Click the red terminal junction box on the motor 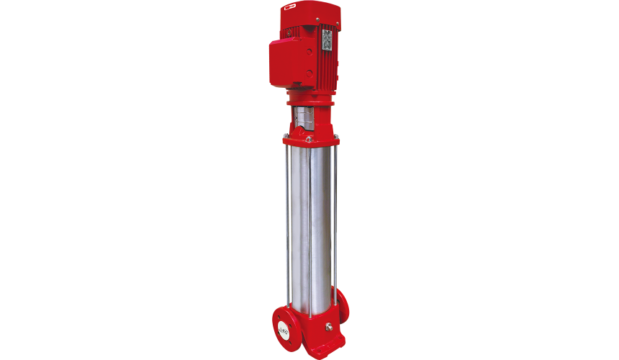coord(286,61)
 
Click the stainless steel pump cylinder coord(310,216)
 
